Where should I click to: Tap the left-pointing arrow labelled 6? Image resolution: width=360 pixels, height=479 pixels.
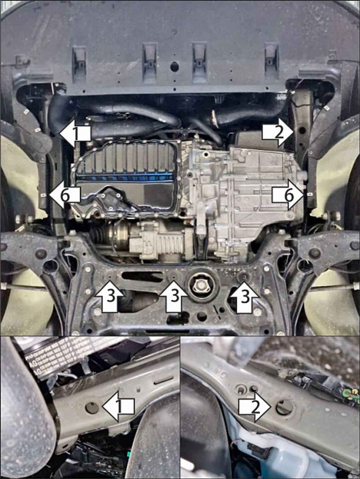click(x=65, y=196)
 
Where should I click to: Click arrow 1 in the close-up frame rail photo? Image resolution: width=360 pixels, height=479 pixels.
click(x=119, y=407)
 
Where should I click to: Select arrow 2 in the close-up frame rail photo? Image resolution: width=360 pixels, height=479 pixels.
click(x=255, y=407)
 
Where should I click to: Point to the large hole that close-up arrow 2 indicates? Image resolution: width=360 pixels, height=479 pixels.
click(x=284, y=407)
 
